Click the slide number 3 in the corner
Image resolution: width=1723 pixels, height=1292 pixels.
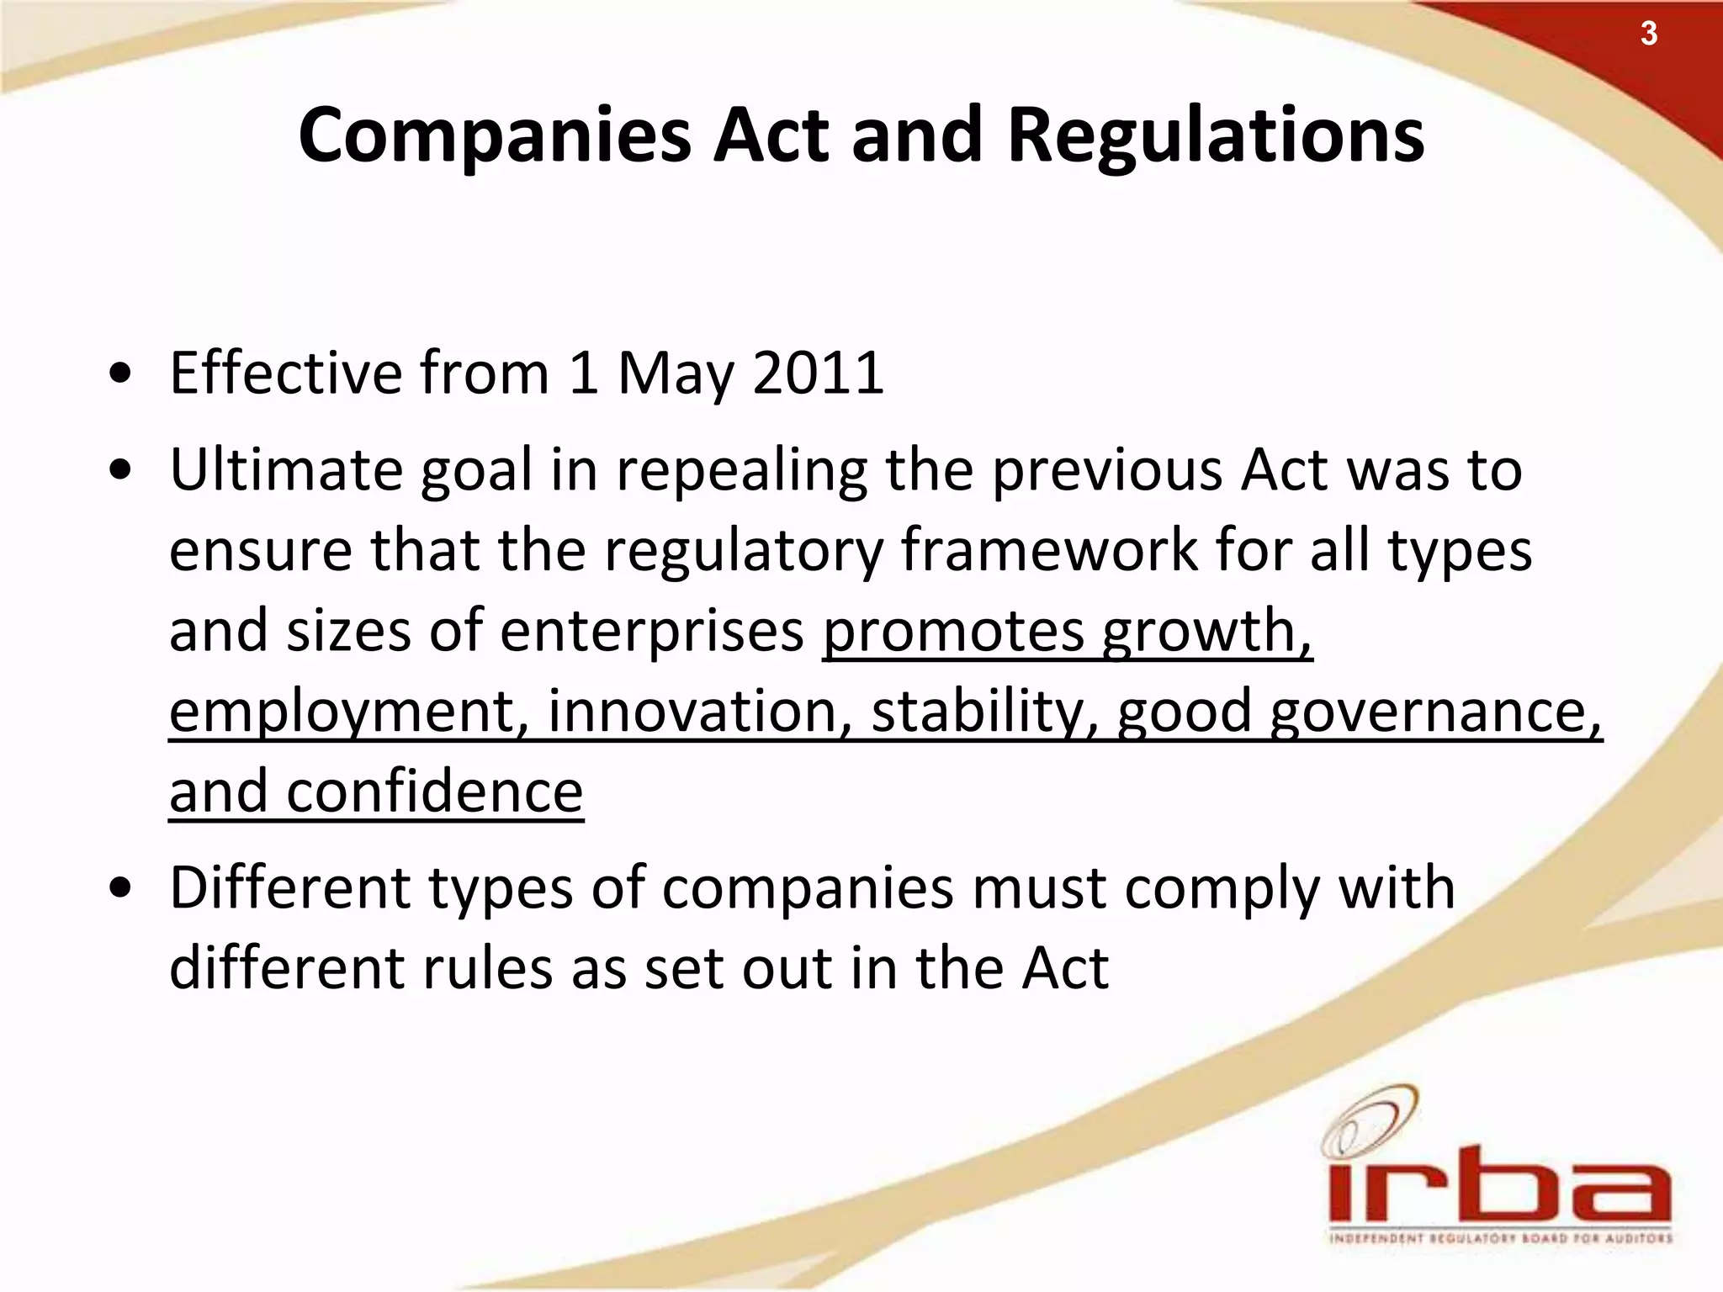[1648, 34]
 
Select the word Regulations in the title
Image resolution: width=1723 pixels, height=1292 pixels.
[1216, 137]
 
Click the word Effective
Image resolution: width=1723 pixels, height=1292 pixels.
[286, 373]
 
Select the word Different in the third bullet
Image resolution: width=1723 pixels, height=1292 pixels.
[290, 888]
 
